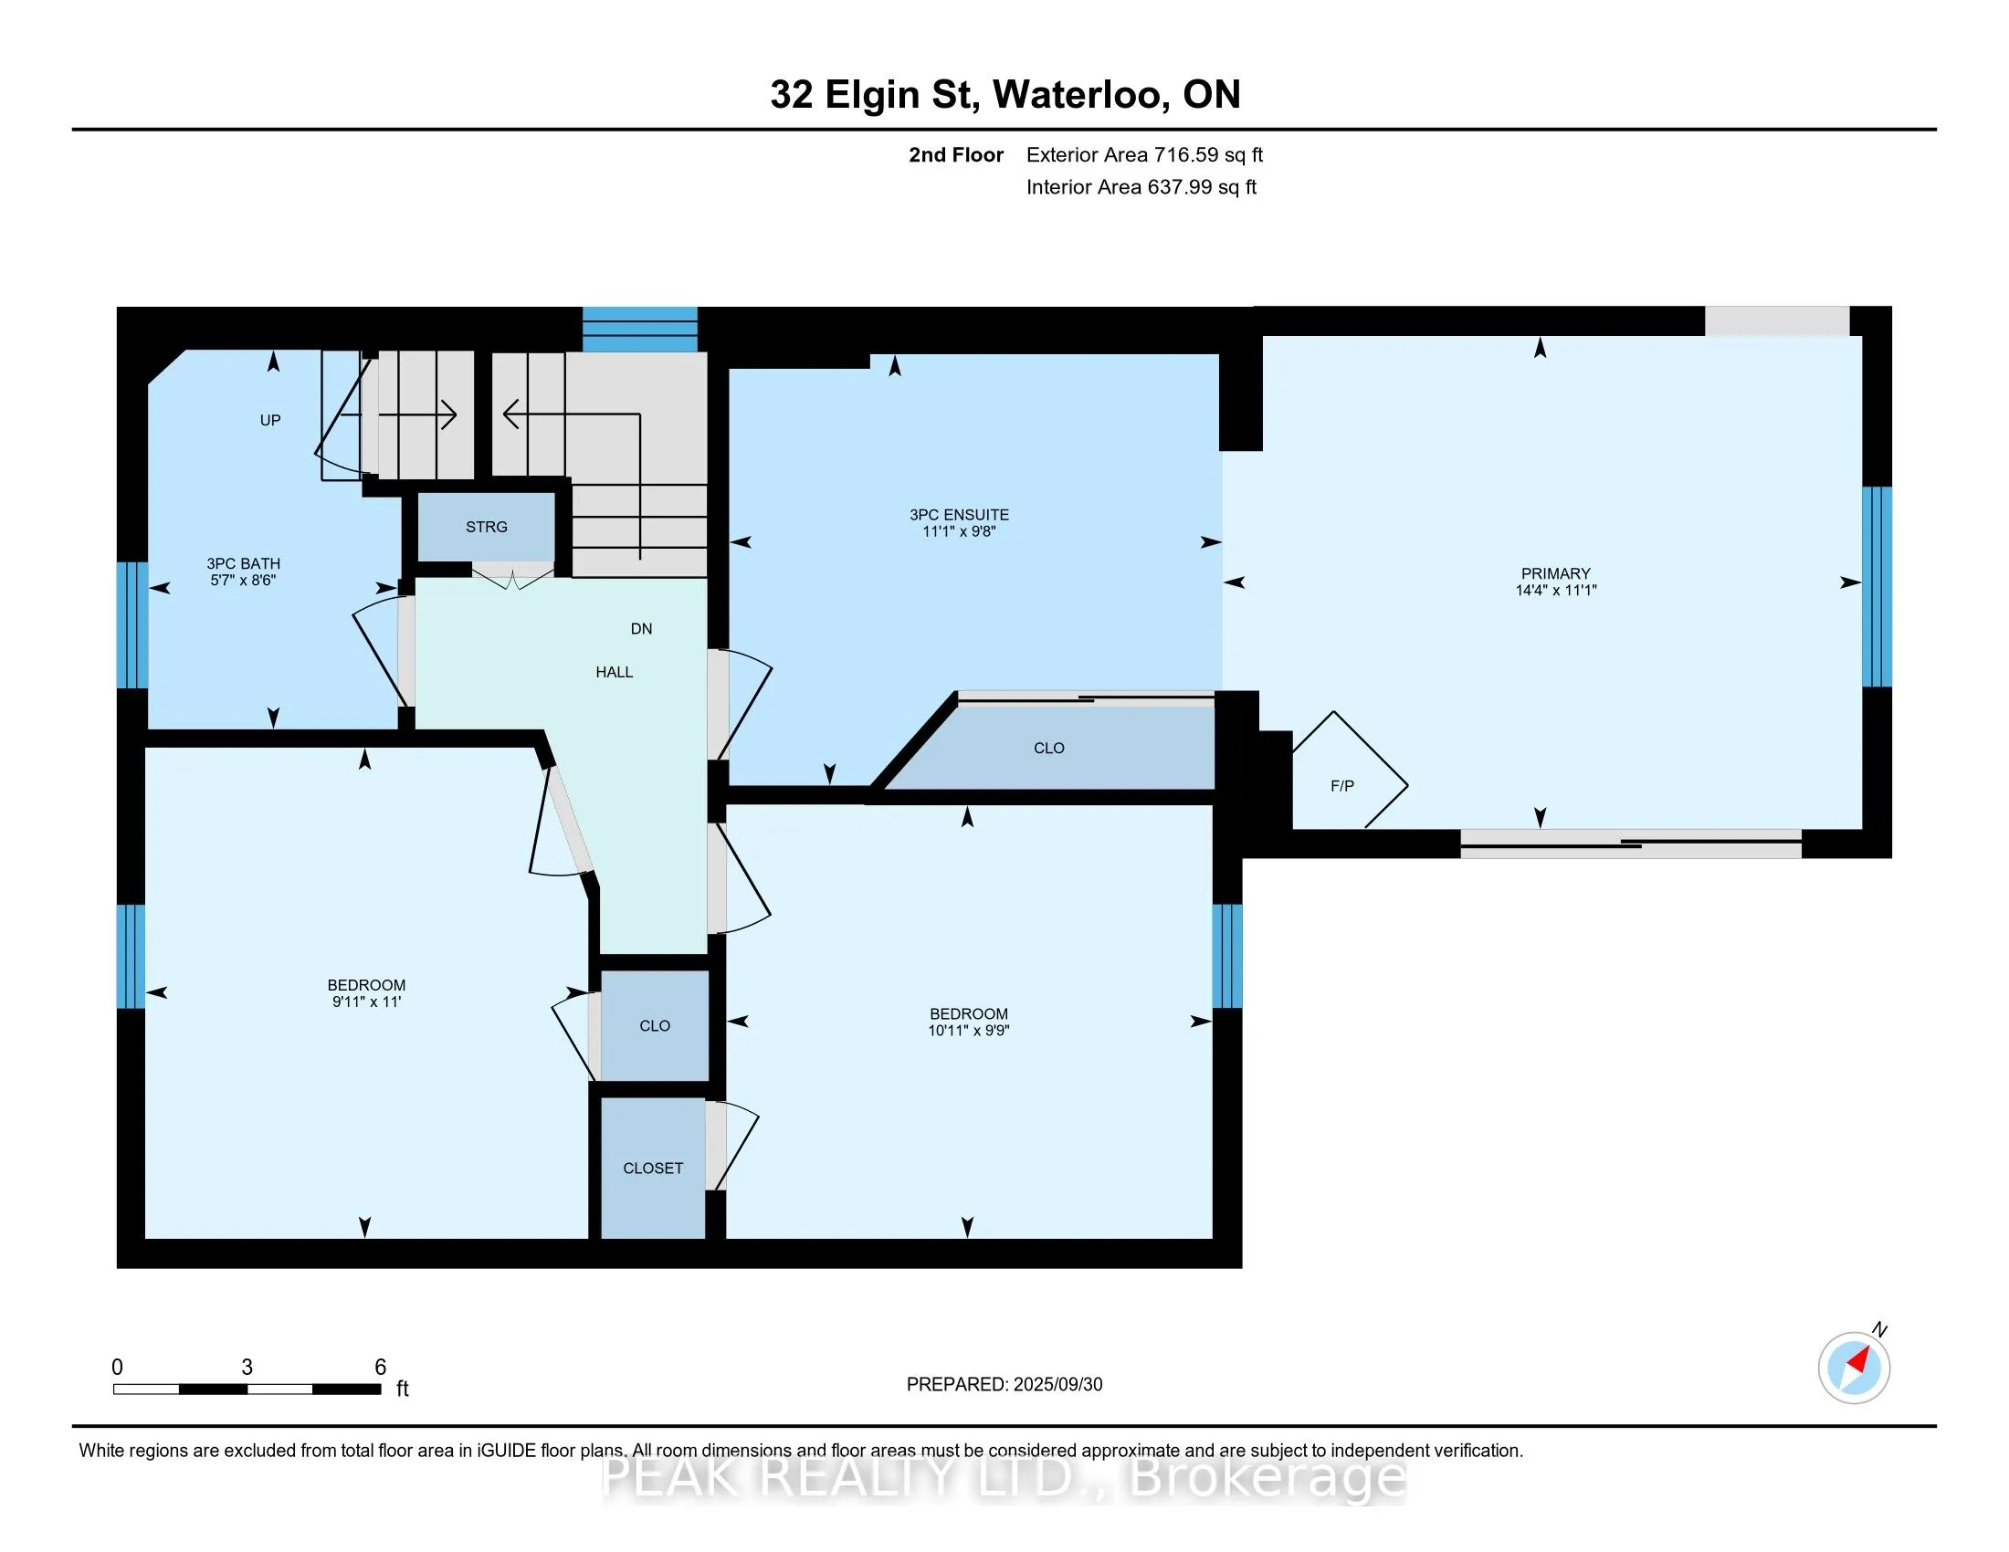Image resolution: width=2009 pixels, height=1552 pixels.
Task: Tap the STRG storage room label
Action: point(487,527)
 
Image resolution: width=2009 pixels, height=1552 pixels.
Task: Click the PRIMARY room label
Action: point(1555,573)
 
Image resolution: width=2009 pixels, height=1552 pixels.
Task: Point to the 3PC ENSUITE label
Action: point(960,515)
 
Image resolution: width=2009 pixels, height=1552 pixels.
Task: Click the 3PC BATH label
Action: point(243,563)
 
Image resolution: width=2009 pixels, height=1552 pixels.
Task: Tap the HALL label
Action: point(615,672)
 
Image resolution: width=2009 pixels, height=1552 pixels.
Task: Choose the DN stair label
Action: point(641,629)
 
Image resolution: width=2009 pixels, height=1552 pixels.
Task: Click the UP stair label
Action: point(269,420)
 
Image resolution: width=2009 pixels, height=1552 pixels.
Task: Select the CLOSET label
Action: point(653,1168)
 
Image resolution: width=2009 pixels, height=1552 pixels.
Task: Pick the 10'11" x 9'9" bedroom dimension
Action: point(969,1031)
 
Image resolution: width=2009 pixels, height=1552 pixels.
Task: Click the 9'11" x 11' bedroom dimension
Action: point(366,1001)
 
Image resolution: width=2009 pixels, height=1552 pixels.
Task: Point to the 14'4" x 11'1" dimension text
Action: point(1556,591)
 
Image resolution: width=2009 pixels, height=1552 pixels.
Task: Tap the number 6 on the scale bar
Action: point(380,1368)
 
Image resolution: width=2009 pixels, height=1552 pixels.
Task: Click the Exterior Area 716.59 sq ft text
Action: point(1144,154)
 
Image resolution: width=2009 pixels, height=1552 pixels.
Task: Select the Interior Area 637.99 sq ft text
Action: point(1141,186)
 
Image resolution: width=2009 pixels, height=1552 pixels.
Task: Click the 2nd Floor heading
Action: point(956,154)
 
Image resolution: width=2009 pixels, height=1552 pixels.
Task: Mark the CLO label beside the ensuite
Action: point(1048,749)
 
